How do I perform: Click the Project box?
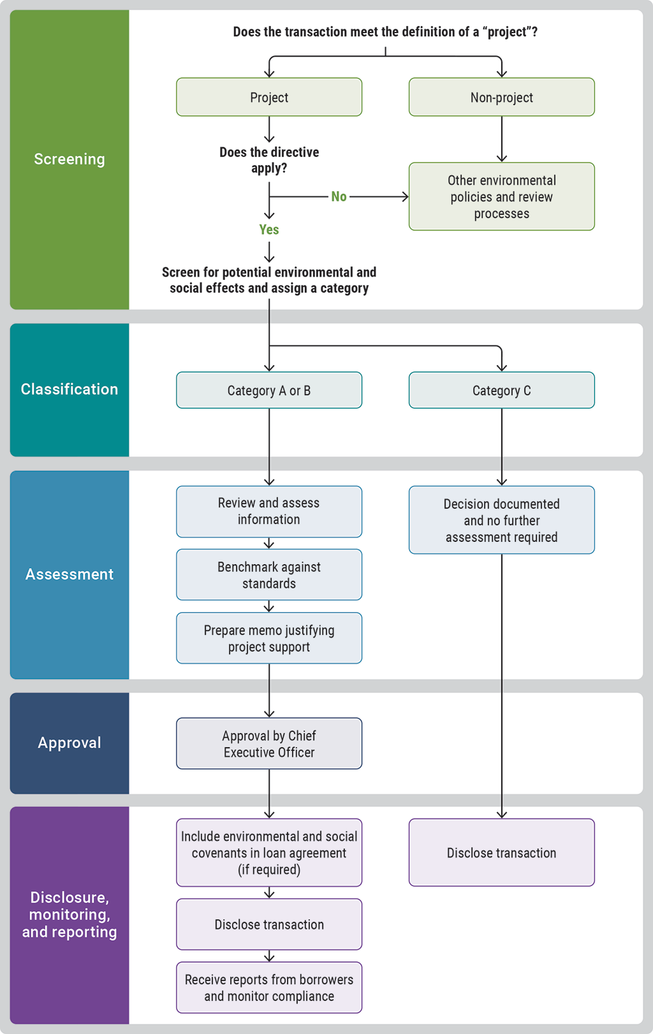[269, 97]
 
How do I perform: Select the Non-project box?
[501, 97]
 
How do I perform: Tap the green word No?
[339, 196]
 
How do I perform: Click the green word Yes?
[269, 229]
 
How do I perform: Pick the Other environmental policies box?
[501, 196]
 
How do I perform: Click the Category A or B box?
[269, 390]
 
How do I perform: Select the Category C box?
[501, 390]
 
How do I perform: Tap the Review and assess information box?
[269, 511]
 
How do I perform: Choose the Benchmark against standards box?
[269, 574]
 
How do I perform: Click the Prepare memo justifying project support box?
[269, 638]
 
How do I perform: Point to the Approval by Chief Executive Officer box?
[269, 743]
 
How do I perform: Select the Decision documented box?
[501, 520]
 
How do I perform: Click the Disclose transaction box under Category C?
[501, 852]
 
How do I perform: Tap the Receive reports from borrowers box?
[269, 987]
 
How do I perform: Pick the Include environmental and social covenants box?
[269, 852]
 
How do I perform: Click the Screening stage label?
[70, 159]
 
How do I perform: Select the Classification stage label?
[70, 390]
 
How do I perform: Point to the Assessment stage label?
[70, 574]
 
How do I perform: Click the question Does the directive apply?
[269, 160]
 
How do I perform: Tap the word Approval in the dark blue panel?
[70, 743]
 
